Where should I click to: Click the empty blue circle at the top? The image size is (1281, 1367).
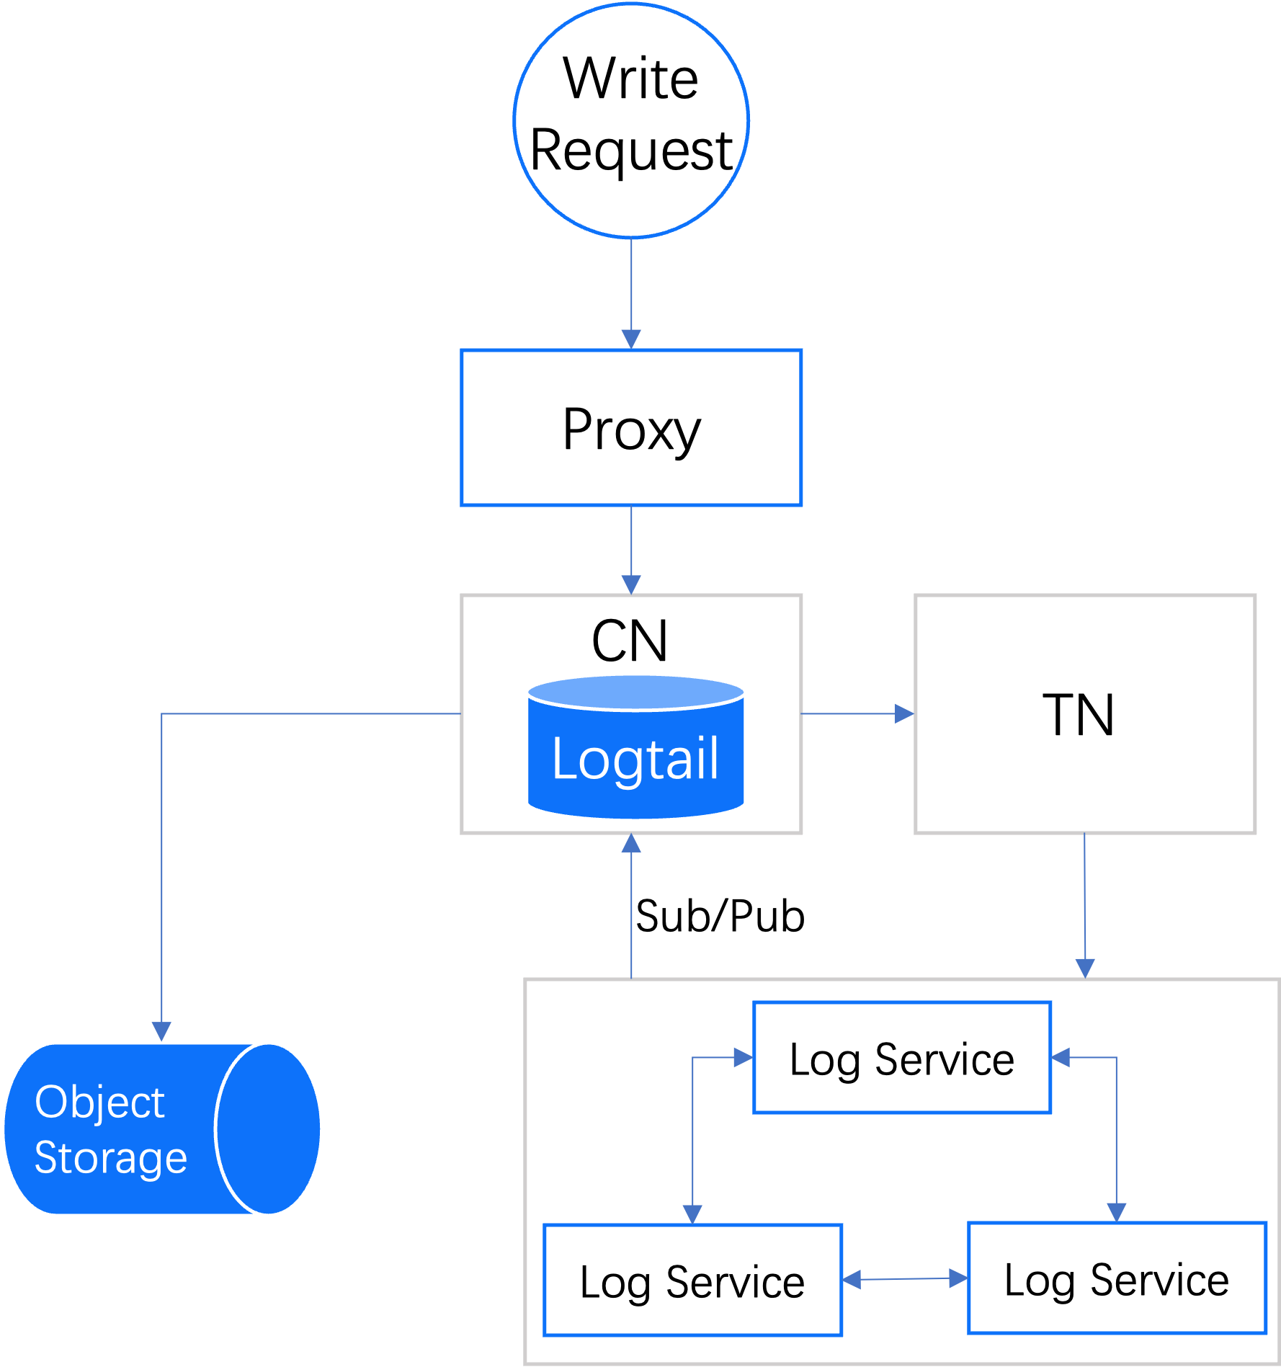pyautogui.click(x=631, y=120)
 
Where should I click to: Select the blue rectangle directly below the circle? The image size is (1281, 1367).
pyautogui.click(x=631, y=427)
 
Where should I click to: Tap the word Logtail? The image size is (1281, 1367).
pyautogui.click(x=635, y=759)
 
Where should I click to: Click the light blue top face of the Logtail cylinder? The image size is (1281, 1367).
pyautogui.click(x=635, y=693)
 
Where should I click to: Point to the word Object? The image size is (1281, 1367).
pyautogui.click(x=99, y=1103)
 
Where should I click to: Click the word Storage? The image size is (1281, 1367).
pyautogui.click(x=110, y=1158)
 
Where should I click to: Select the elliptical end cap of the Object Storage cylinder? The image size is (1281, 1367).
pyautogui.click(x=268, y=1129)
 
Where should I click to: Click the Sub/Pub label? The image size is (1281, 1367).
pyautogui.click(x=721, y=916)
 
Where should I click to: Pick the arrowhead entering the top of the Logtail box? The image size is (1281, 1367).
pyautogui.click(x=631, y=584)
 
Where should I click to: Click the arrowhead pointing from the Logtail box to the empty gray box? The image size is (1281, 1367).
pyautogui.click(x=903, y=713)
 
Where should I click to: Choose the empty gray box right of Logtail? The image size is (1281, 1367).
pyautogui.click(x=1085, y=713)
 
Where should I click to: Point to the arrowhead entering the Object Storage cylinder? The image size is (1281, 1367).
pyautogui.click(x=161, y=1031)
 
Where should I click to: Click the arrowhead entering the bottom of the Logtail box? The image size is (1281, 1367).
pyautogui.click(x=631, y=843)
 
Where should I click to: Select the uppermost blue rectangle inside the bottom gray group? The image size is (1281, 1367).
pyautogui.click(x=902, y=1057)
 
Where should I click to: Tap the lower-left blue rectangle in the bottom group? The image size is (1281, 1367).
pyautogui.click(x=692, y=1279)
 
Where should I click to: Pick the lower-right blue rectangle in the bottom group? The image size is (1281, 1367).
pyautogui.click(x=1117, y=1278)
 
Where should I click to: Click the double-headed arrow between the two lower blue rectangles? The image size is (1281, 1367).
pyautogui.click(x=905, y=1279)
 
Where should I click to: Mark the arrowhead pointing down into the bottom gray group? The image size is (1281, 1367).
pyautogui.click(x=1085, y=968)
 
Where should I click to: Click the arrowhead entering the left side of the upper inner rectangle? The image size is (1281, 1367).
pyautogui.click(x=743, y=1057)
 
